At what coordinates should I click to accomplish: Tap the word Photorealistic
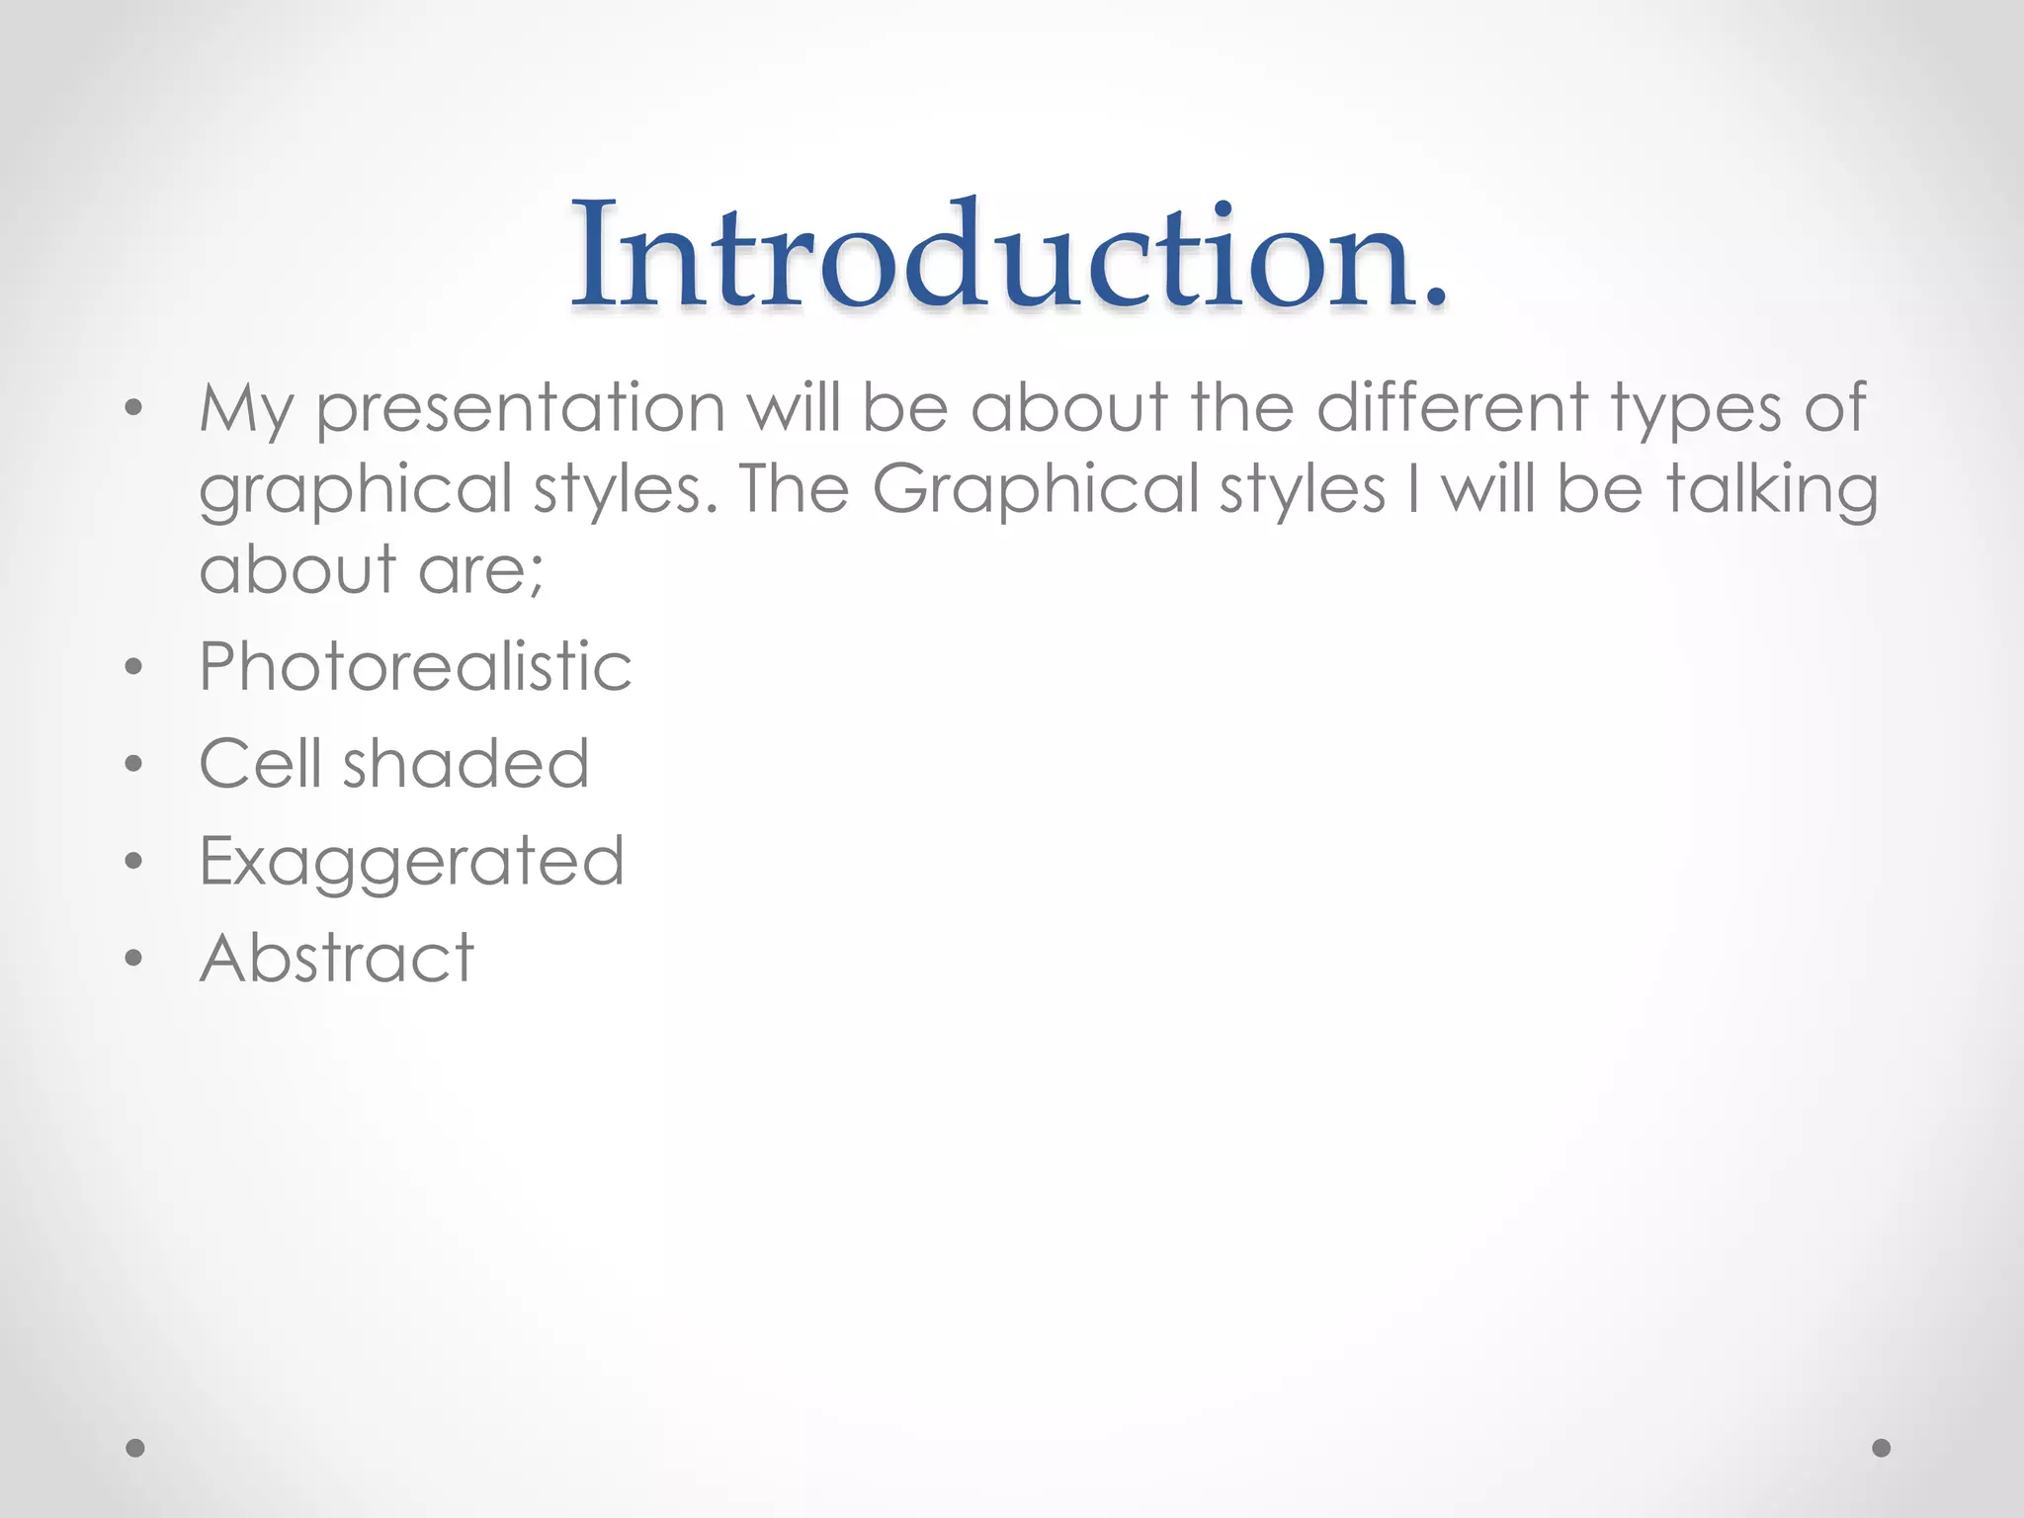point(415,666)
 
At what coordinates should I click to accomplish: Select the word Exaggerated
point(411,862)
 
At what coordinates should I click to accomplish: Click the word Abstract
point(337,958)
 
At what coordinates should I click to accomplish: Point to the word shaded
point(465,764)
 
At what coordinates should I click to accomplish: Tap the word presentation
point(521,409)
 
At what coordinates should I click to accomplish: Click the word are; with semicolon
point(480,571)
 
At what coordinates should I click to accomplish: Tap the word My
point(246,411)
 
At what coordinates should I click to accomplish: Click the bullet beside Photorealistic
point(134,667)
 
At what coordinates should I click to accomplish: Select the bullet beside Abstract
point(134,958)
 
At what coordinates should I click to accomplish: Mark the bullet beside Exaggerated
point(134,861)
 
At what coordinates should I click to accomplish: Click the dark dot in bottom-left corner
point(135,1448)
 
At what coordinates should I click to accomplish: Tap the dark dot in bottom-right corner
point(1882,1448)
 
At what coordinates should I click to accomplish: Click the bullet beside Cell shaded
point(134,764)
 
